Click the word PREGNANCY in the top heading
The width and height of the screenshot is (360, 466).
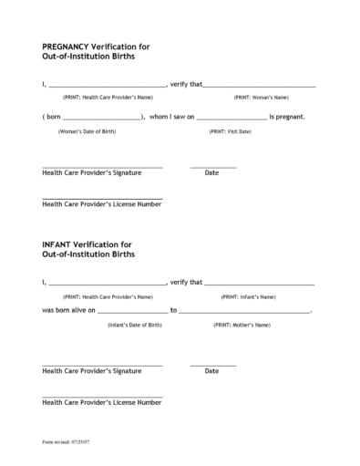[66, 45]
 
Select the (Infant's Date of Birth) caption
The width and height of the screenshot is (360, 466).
[135, 325]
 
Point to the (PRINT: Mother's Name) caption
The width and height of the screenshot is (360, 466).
[242, 325]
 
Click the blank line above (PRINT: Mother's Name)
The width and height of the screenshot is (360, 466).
[244, 313]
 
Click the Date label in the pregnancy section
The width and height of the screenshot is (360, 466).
[211, 173]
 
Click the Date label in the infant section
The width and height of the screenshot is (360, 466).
[211, 371]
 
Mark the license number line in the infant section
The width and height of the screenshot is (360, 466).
[102, 396]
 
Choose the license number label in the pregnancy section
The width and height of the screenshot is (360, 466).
[102, 204]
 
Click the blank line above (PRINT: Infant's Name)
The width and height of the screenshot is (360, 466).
[259, 285]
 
